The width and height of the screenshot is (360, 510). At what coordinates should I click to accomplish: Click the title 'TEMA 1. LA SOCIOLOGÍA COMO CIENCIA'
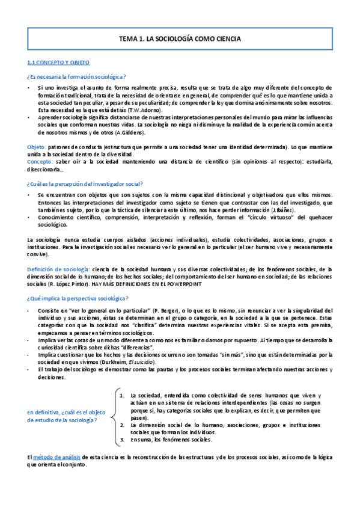click(180, 38)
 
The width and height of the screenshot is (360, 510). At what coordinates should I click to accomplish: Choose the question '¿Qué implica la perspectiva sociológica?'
click(78, 298)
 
